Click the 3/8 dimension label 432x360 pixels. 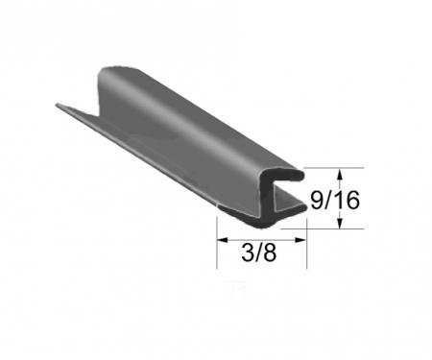pos(259,253)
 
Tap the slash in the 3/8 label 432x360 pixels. pos(259,253)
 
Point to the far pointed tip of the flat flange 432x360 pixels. pos(58,105)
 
